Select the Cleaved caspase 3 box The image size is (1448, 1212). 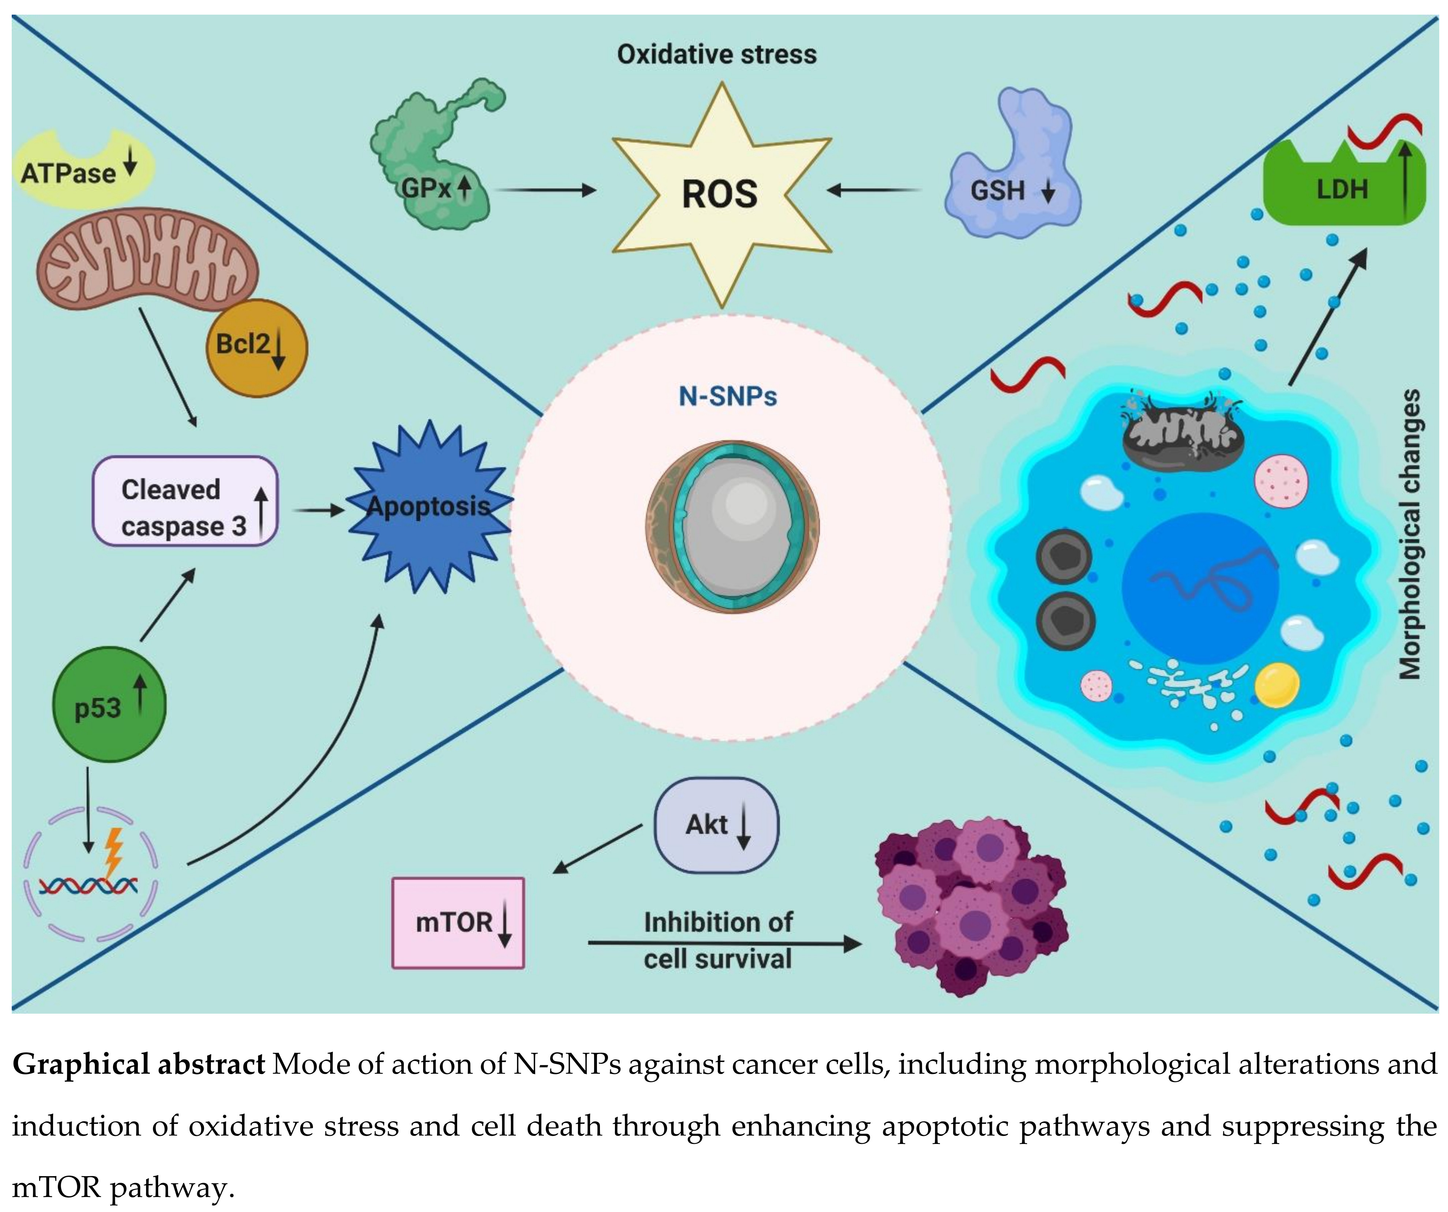[185, 501]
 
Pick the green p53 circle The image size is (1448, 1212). [109, 704]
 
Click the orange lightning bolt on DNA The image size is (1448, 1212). [112, 852]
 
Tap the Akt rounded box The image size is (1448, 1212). [716, 824]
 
